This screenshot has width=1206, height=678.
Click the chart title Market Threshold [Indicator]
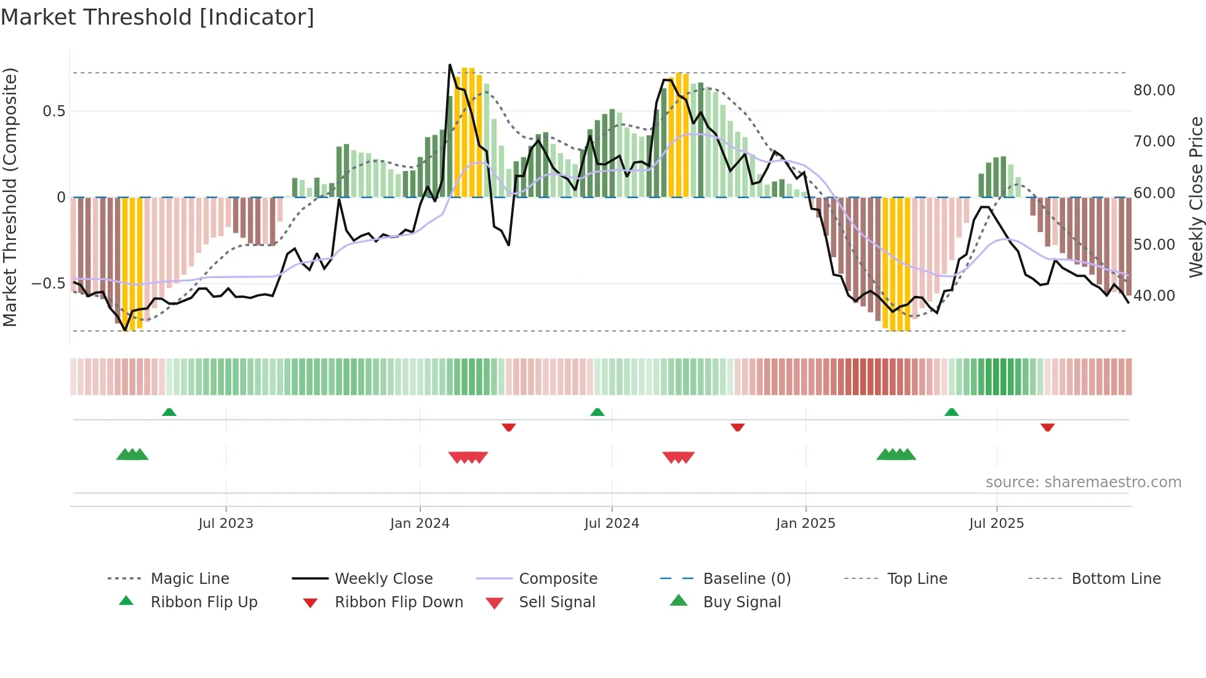click(x=158, y=17)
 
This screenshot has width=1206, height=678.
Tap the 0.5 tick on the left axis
click(x=54, y=111)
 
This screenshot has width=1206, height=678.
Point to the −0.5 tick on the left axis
click(x=49, y=284)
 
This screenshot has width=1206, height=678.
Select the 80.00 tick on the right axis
click(x=1154, y=90)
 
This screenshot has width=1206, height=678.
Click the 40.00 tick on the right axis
click(x=1154, y=296)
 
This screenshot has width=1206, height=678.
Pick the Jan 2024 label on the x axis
click(x=420, y=524)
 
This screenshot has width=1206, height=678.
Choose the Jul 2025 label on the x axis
click(x=996, y=524)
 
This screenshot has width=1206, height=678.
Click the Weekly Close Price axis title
click(x=1196, y=197)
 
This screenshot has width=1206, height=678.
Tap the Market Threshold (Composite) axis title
click(x=10, y=197)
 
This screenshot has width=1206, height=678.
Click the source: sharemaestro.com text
click(x=1083, y=482)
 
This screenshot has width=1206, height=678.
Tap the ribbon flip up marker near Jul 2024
click(x=597, y=412)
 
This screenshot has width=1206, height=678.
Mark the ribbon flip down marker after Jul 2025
click(x=1047, y=427)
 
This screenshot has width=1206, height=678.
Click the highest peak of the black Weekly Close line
click(x=450, y=65)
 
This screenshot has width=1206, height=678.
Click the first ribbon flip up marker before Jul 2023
click(x=169, y=412)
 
